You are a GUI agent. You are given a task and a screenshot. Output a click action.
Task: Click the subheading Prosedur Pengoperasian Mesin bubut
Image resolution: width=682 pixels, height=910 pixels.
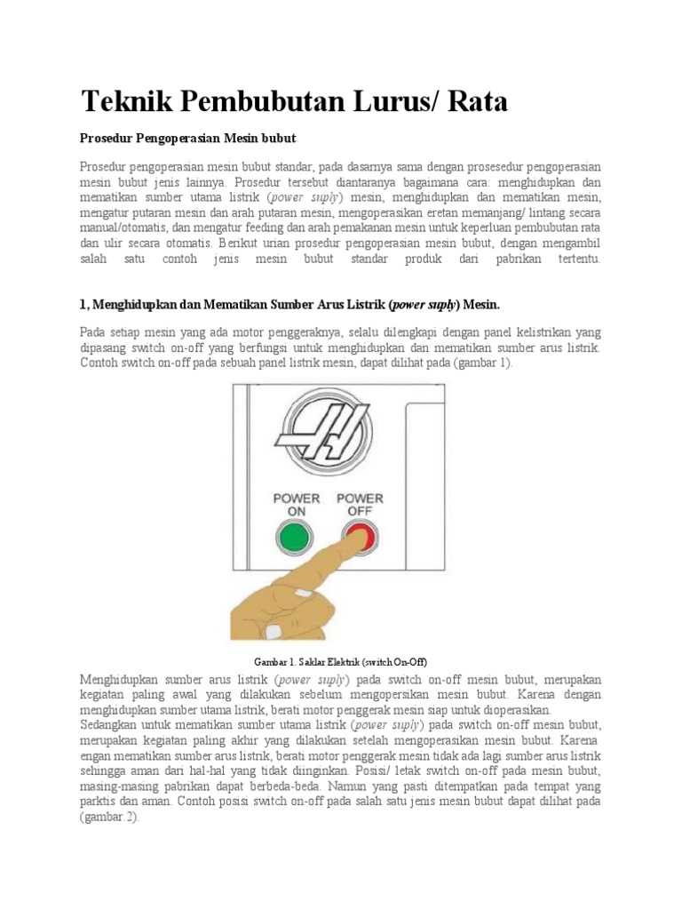pos(187,139)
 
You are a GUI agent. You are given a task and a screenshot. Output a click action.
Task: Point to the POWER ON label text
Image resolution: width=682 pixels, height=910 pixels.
pos(296,505)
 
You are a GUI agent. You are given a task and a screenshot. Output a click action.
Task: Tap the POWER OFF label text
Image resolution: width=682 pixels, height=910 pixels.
pos(360,505)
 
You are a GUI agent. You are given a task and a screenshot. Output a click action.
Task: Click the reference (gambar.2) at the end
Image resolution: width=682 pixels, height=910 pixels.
pos(109,818)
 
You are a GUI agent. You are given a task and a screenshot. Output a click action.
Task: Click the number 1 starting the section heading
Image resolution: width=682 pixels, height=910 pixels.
pos(83,304)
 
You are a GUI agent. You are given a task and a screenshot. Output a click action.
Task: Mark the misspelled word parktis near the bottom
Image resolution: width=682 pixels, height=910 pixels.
pos(99,802)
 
